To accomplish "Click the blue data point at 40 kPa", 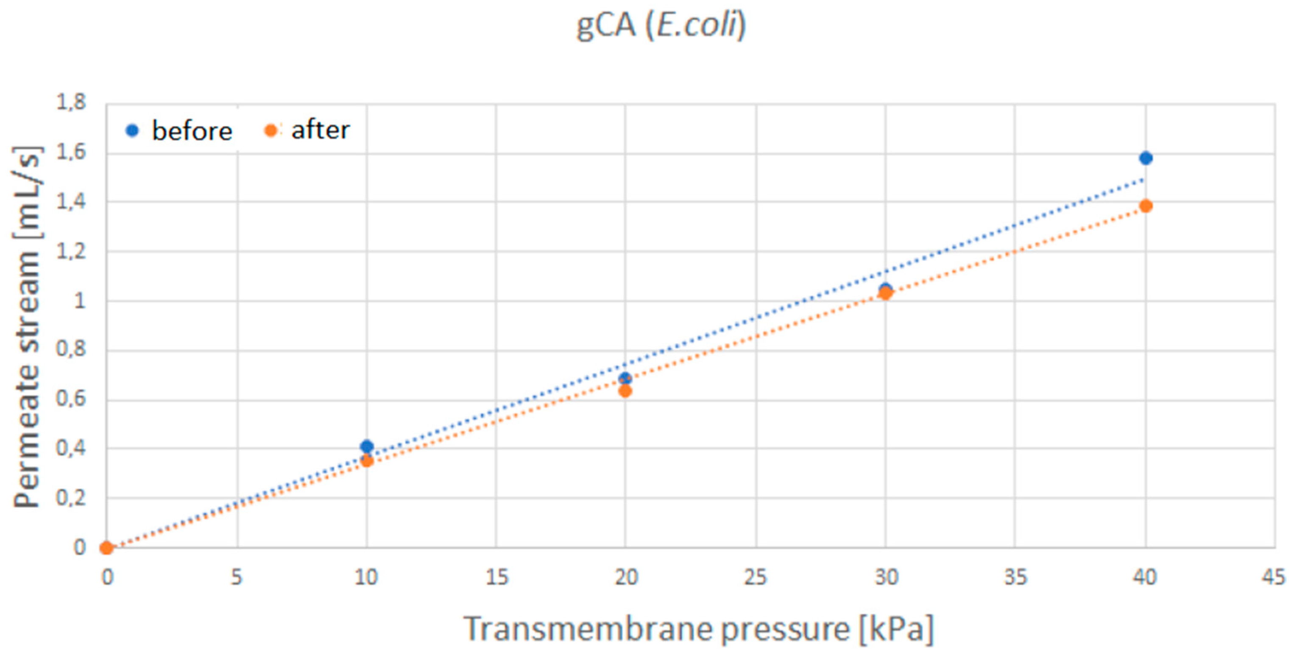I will [x=1146, y=158].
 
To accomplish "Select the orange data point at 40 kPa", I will [x=1146, y=206].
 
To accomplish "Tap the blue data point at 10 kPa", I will [x=367, y=446].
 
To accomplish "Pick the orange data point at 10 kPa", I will [x=367, y=461].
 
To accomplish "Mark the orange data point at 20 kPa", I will [x=625, y=391].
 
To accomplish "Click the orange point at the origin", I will [x=106, y=548].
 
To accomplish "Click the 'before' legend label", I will [x=192, y=131].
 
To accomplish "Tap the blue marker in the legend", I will [x=132, y=131].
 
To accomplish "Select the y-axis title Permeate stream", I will [x=26, y=327].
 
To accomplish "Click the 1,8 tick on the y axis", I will [x=71, y=103].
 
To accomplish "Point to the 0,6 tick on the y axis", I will [x=71, y=399].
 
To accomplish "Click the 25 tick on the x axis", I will [x=755, y=577].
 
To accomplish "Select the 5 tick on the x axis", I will [x=237, y=577].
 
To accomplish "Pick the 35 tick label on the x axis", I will [x=1015, y=577].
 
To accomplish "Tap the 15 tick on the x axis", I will [x=496, y=577].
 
